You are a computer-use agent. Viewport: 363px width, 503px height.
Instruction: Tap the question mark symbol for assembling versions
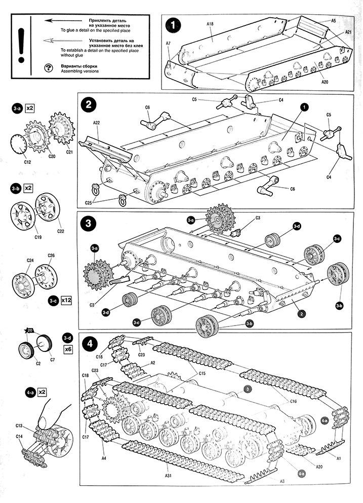49,68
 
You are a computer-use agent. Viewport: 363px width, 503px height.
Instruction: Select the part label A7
168,44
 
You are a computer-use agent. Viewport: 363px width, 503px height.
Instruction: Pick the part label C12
27,162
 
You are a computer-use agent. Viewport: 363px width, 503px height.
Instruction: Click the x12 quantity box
66,300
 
